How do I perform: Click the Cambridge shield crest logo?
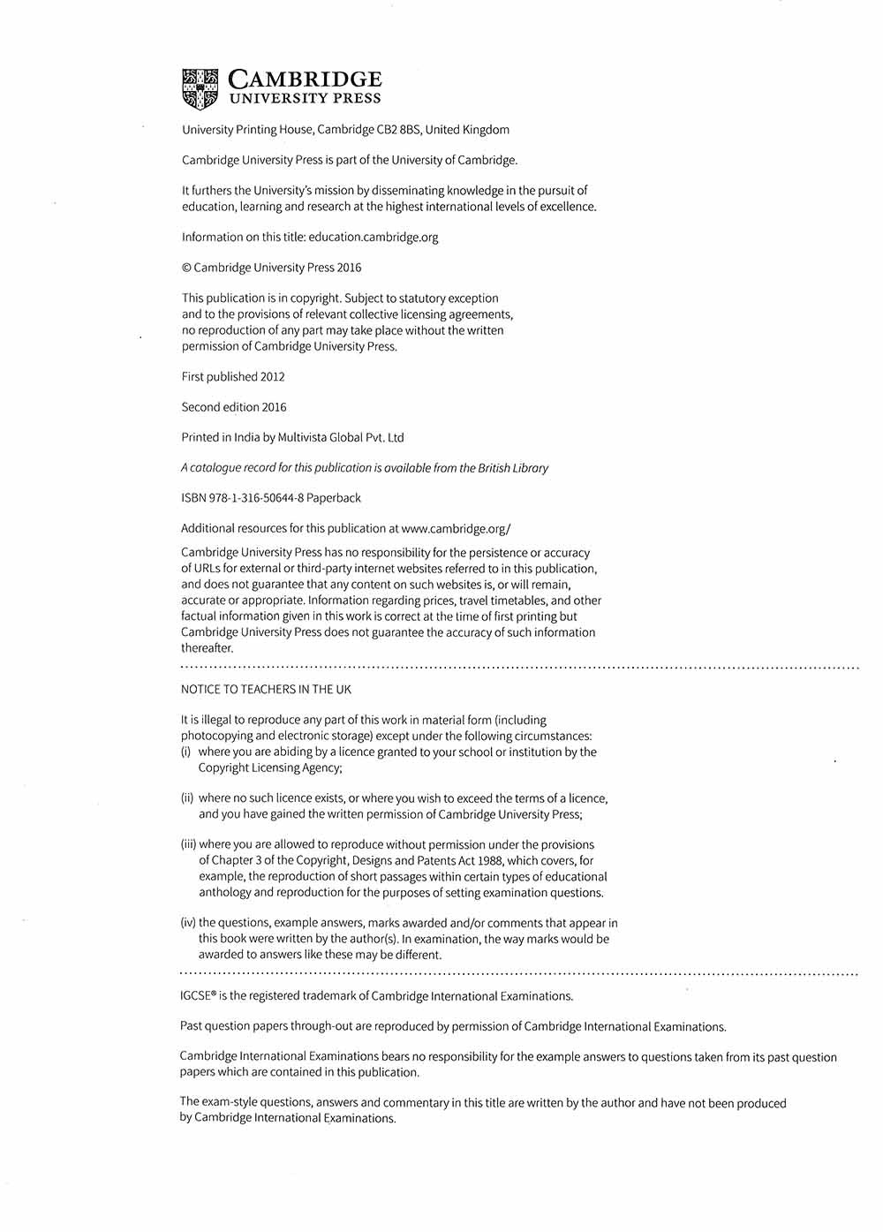[200, 88]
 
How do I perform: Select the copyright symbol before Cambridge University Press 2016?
[186, 268]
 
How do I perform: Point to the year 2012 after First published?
[273, 376]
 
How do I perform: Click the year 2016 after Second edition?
[274, 407]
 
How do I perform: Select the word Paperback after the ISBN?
[334, 498]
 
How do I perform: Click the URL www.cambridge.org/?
[456, 529]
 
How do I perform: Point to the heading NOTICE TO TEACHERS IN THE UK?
[266, 689]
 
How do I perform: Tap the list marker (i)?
[186, 752]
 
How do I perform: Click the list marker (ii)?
[187, 798]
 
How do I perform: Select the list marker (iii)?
[188, 844]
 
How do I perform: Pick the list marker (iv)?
[188, 923]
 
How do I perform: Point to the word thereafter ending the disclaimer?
[208, 648]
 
